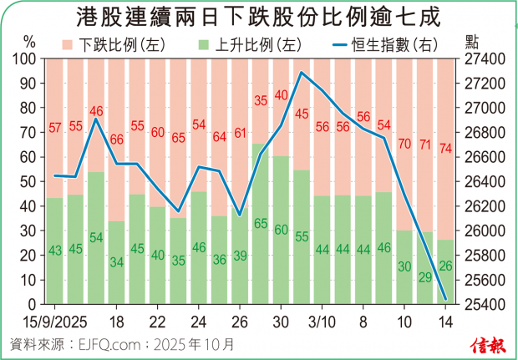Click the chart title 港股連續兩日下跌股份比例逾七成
[x=258, y=16]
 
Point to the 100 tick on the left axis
[x=25, y=59]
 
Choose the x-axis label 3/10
[x=322, y=322]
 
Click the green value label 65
[x=260, y=224]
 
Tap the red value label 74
[x=445, y=149]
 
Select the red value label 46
[x=96, y=111]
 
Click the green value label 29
[x=425, y=276]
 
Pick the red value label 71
[x=425, y=145]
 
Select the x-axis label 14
[x=445, y=322]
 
